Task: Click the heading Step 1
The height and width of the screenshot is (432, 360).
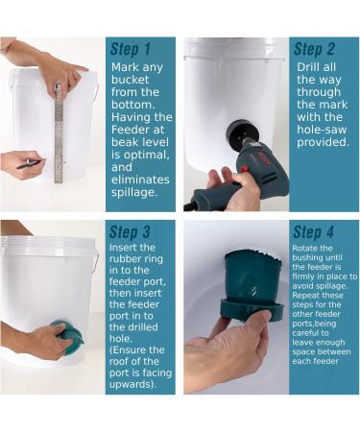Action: coord(131,49)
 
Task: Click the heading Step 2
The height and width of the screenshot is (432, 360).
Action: coord(314,49)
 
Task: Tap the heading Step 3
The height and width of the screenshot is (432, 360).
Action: coord(130,232)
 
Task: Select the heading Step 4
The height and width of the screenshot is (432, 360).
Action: coord(313,232)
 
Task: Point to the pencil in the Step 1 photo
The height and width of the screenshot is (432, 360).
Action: coord(31,163)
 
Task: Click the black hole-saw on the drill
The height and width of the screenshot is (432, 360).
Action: coord(237,135)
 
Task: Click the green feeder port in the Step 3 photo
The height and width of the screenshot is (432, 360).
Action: coord(68,336)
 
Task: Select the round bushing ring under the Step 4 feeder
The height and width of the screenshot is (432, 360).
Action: coord(252,310)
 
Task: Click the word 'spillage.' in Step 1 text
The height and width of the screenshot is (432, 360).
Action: coord(134,193)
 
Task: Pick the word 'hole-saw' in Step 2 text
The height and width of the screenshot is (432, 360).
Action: coord(322,130)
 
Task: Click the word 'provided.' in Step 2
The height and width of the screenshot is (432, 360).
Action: coord(323,142)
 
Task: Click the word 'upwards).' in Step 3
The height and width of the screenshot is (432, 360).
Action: coord(133,384)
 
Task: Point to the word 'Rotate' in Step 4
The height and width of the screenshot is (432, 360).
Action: coord(303,249)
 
